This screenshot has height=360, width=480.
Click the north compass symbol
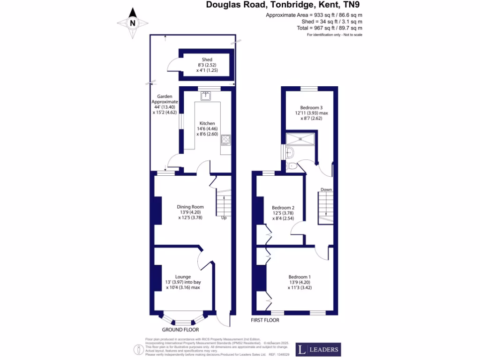(x=132, y=22)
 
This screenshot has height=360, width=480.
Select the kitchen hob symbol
(x=225, y=139)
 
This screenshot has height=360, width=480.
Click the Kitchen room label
(x=207, y=123)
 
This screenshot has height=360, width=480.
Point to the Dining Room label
(x=190, y=207)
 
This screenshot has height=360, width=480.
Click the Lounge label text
(x=183, y=277)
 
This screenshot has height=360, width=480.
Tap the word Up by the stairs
(x=224, y=217)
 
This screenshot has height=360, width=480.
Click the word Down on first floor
(x=326, y=190)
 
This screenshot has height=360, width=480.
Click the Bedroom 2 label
(x=283, y=208)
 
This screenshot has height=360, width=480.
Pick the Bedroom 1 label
(x=300, y=277)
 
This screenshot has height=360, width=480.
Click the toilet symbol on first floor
(x=293, y=166)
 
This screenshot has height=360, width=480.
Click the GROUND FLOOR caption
(x=180, y=330)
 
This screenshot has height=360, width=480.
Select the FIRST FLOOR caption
(x=265, y=320)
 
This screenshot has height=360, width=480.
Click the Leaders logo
(x=318, y=350)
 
